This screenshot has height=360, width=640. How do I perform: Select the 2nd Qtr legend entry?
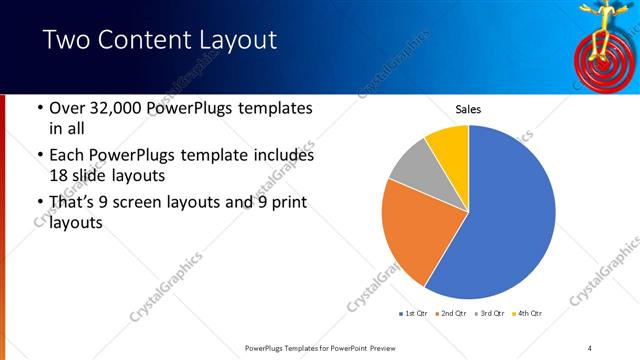click(x=453, y=315)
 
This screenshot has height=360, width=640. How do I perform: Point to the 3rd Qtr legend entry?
click(x=491, y=315)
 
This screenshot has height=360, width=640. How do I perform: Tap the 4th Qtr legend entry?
click(x=528, y=315)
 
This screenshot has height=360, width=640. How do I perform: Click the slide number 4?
click(x=590, y=347)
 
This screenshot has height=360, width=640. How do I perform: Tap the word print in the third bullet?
click(x=280, y=204)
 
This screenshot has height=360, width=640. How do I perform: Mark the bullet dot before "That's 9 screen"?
click(x=38, y=205)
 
